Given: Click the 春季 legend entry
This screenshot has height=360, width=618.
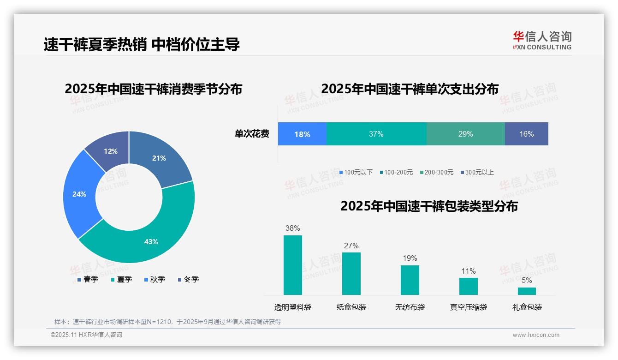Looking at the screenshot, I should click(88, 279).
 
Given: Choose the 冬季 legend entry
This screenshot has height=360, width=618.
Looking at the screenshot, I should click(188, 279).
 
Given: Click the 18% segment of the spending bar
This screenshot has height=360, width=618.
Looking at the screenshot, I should click(302, 134).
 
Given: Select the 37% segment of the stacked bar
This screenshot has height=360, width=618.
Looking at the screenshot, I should click(376, 134).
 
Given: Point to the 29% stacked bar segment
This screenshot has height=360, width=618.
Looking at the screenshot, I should click(465, 134).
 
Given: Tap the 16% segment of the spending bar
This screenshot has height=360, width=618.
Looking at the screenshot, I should click(526, 134).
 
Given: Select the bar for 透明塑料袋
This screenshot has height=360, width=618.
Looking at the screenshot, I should click(293, 265).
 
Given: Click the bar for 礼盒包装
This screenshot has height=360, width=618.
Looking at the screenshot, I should click(527, 291).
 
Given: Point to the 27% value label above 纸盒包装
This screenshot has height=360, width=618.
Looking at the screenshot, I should click(351, 246).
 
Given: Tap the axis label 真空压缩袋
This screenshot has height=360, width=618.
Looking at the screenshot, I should click(469, 307).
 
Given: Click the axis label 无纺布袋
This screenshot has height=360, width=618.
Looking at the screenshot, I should click(410, 307).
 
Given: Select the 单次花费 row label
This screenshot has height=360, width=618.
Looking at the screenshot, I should click(252, 134).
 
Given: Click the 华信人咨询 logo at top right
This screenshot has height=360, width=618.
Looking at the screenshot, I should click(542, 40).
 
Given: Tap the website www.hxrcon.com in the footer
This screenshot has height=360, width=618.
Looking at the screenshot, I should click(536, 335).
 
